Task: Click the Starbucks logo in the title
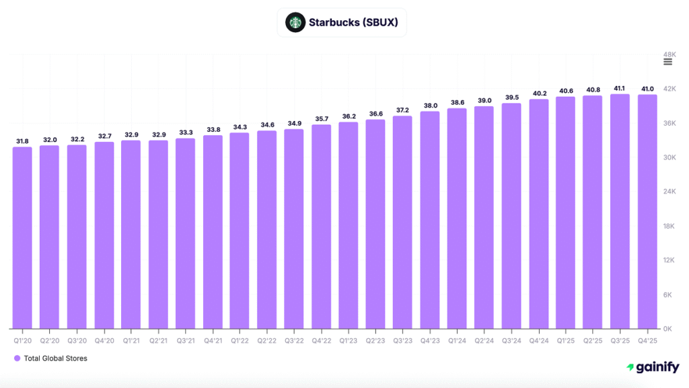pos(295,22)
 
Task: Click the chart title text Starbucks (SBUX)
pos(353,22)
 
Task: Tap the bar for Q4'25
pos(647,211)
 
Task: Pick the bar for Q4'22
pos(321,227)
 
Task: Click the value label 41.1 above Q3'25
pos(620,88)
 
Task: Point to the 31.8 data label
pos(22,141)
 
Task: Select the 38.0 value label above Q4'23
pos(430,106)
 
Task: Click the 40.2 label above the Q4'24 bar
pos(539,93)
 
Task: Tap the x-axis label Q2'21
pos(158,341)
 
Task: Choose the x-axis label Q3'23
pos(402,341)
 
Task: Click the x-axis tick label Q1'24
pos(457,341)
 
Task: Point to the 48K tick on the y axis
pos(669,54)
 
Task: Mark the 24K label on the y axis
pos(669,192)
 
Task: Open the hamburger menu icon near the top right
pos(667,62)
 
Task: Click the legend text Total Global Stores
pos(55,358)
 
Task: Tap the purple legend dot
pos(17,358)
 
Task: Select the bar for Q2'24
pos(484,217)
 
